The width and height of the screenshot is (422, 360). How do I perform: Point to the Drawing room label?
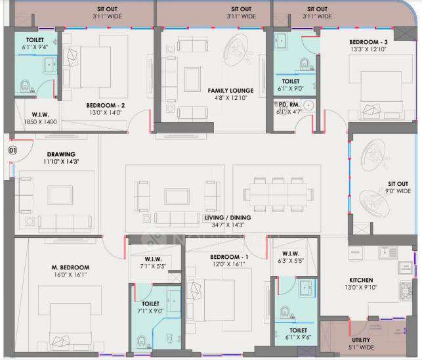pos(60,154)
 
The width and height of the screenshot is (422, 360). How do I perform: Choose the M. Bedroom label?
pos(70,267)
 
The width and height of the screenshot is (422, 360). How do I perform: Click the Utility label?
pos(361,340)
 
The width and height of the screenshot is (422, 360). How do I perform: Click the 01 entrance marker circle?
pos(12,150)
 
